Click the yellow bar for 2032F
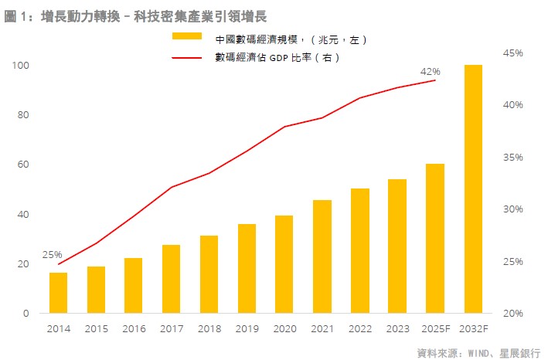pyautogui.click(x=473, y=189)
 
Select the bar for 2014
pyautogui.click(x=58, y=293)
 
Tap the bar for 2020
pyautogui.click(x=284, y=264)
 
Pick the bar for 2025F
pyautogui.click(x=435, y=239)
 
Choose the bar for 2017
pyautogui.click(x=171, y=279)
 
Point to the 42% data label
pyautogui.click(x=430, y=72)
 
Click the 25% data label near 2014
pyautogui.click(x=52, y=255)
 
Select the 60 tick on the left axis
pyautogui.click(x=23, y=165)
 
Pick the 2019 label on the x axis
pyautogui.click(x=247, y=328)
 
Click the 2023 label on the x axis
pyautogui.click(x=397, y=328)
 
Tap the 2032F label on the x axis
pyautogui.click(x=473, y=328)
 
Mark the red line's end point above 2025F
pyautogui.click(x=435, y=80)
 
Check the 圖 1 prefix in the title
pyautogui.click(x=15, y=15)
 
